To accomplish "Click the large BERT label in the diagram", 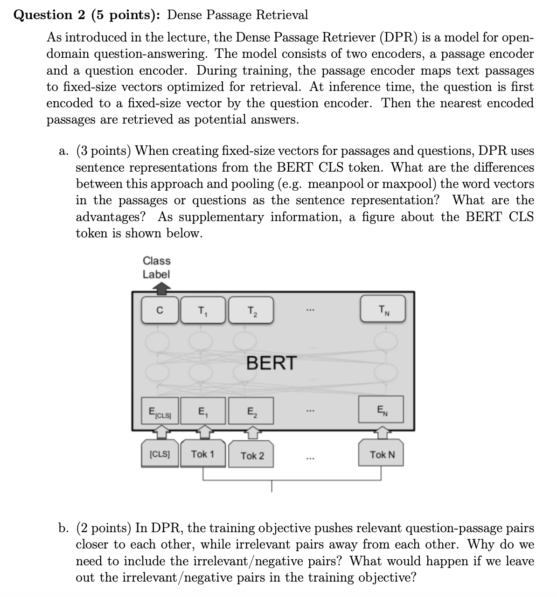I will click(271, 362).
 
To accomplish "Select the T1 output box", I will click(203, 309).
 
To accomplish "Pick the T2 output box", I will click(251, 309).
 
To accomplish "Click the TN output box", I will click(383, 309).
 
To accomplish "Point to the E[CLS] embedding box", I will click(160, 411).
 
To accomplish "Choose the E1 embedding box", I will click(203, 411).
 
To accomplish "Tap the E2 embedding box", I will click(251, 411).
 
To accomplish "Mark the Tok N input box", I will click(382, 454).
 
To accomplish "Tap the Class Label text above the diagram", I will click(156, 267).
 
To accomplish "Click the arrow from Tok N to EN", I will click(382, 433).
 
